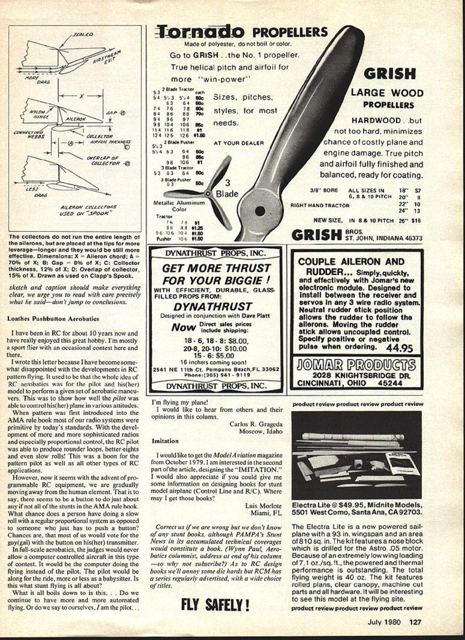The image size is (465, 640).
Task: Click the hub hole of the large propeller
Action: click(260, 210)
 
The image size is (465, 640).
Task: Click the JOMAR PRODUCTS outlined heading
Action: click(356, 365)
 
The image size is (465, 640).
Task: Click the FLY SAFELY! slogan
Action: click(215, 604)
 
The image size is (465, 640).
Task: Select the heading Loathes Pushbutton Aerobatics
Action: click(53, 318)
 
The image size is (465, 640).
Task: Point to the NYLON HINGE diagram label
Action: click(40, 114)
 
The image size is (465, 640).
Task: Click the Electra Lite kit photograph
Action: click(357, 454)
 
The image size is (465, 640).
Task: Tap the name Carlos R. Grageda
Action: click(256, 424)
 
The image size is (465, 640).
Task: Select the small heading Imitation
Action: click(163, 441)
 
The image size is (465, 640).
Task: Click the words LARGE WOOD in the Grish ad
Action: click(387, 93)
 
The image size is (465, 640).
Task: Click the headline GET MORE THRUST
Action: click(216, 268)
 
